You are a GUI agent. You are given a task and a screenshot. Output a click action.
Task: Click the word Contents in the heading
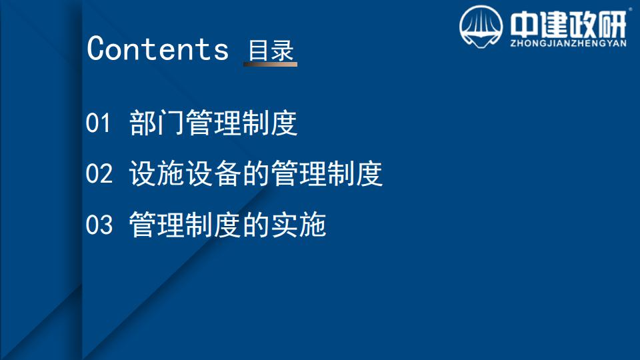pos(157,49)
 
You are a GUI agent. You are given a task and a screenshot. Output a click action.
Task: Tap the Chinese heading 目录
pos(271,51)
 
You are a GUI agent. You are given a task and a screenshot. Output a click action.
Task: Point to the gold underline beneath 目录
pos(270,64)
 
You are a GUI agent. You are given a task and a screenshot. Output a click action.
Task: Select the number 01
pos(98,123)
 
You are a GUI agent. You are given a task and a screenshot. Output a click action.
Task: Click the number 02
pos(99,173)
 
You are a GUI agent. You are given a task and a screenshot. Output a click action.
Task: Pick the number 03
pos(99,225)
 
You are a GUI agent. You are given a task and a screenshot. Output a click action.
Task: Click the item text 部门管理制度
pos(213,123)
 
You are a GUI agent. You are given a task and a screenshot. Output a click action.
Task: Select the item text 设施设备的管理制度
pos(255,173)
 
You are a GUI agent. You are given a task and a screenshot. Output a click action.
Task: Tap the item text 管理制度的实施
pos(227,225)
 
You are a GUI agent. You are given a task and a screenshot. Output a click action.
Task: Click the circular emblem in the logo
pos(481,27)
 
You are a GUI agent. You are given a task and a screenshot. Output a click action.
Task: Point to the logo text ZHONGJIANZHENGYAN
pos(568,43)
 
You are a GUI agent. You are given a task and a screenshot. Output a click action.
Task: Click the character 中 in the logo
pos(524,24)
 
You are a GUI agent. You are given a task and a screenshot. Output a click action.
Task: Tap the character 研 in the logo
pos(611,24)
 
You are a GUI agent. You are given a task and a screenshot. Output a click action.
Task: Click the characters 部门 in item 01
pos(157,123)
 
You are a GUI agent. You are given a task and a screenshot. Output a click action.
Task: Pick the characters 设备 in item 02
pos(213,173)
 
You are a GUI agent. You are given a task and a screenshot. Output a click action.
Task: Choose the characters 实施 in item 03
pos(299,225)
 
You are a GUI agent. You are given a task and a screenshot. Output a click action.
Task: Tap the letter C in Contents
pos(96,48)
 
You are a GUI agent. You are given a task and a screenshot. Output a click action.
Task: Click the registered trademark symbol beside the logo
pos(631,9)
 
